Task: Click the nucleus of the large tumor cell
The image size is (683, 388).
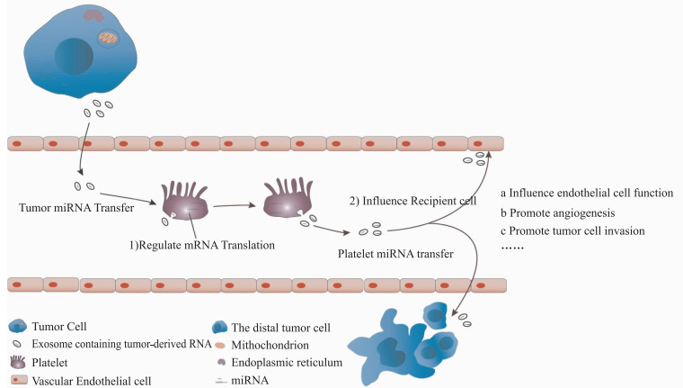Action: tap(74, 56)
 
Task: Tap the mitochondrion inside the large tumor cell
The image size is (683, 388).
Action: tap(108, 38)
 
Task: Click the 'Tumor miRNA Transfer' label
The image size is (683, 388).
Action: tap(76, 208)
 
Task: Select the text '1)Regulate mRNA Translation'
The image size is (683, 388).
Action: tap(202, 245)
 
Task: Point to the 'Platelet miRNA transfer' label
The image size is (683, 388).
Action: tap(395, 254)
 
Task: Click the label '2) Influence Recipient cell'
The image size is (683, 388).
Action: tap(412, 201)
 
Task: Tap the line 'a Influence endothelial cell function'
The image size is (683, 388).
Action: tap(587, 193)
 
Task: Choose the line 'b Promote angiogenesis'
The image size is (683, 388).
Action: tap(557, 213)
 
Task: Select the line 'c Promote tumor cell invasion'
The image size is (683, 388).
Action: tap(572, 230)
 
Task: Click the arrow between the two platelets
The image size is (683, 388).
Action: tap(234, 205)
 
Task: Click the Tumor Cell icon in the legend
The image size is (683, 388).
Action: tap(17, 326)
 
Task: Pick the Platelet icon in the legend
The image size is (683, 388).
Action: tap(17, 362)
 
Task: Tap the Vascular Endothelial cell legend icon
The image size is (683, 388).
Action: tap(18, 380)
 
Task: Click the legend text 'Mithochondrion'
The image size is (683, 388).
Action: tap(271, 345)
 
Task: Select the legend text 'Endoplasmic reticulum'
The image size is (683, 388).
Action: tap(287, 363)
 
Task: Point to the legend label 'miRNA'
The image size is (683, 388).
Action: tap(250, 380)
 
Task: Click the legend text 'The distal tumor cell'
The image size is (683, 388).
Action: tap(281, 328)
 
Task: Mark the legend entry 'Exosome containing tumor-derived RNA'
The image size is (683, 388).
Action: tap(121, 344)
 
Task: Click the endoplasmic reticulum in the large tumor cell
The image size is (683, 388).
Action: tap(93, 15)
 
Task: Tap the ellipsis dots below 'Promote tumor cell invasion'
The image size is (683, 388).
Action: tap(512, 248)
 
